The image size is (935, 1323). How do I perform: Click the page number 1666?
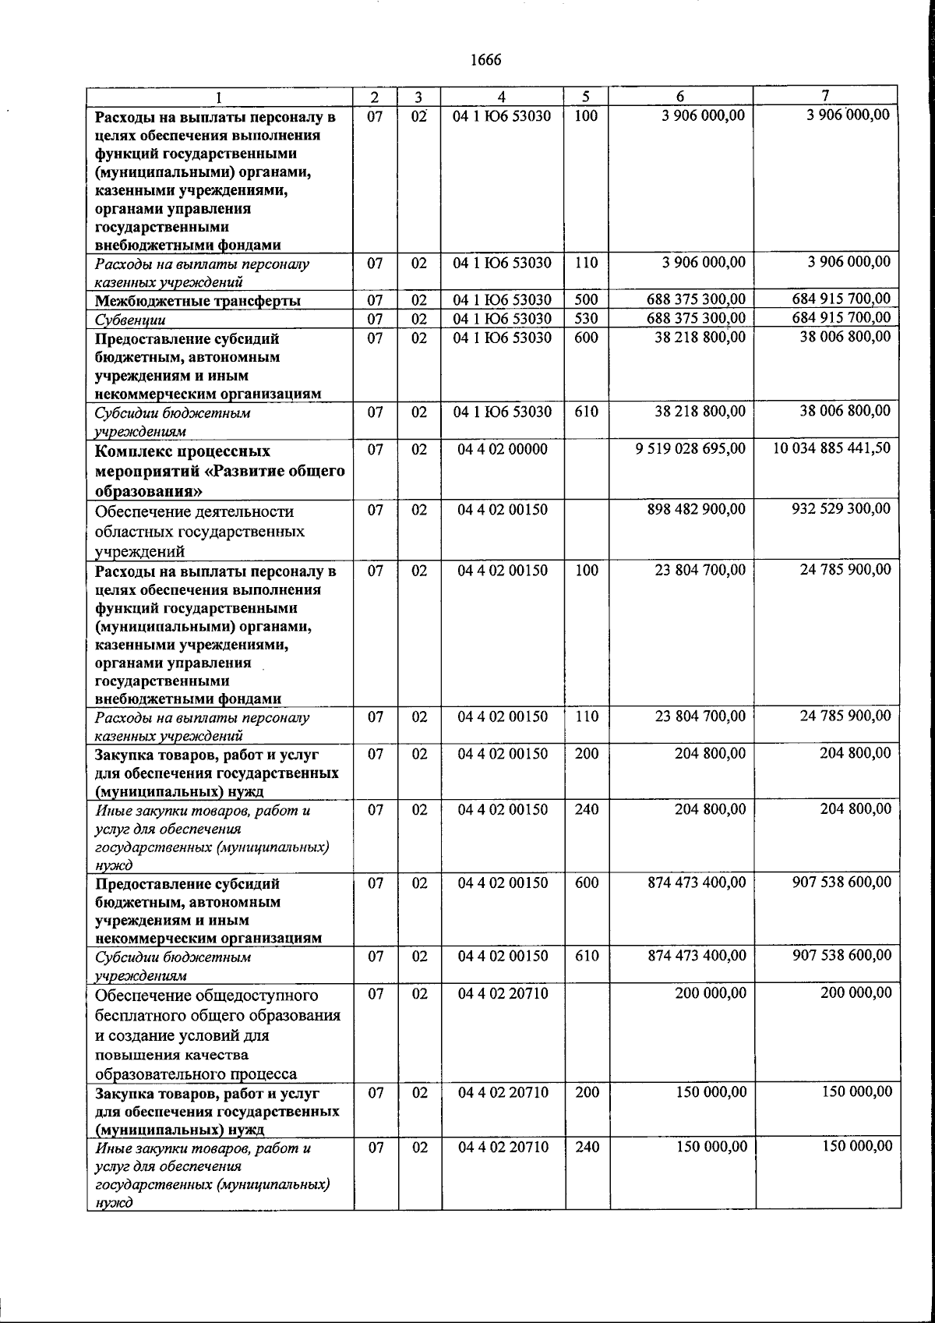[486, 60]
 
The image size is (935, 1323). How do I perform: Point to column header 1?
[219, 98]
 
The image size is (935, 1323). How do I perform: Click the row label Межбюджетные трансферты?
[198, 301]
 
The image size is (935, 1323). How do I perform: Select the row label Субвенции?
[130, 320]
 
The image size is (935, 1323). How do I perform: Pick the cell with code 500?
[586, 300]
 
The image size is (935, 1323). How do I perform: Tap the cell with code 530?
[586, 319]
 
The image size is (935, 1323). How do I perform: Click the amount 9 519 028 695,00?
[690, 449]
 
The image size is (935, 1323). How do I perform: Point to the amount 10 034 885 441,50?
[831, 448]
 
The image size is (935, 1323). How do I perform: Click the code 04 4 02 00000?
[503, 449]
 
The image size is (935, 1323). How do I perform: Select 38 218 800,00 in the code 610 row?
[700, 412]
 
